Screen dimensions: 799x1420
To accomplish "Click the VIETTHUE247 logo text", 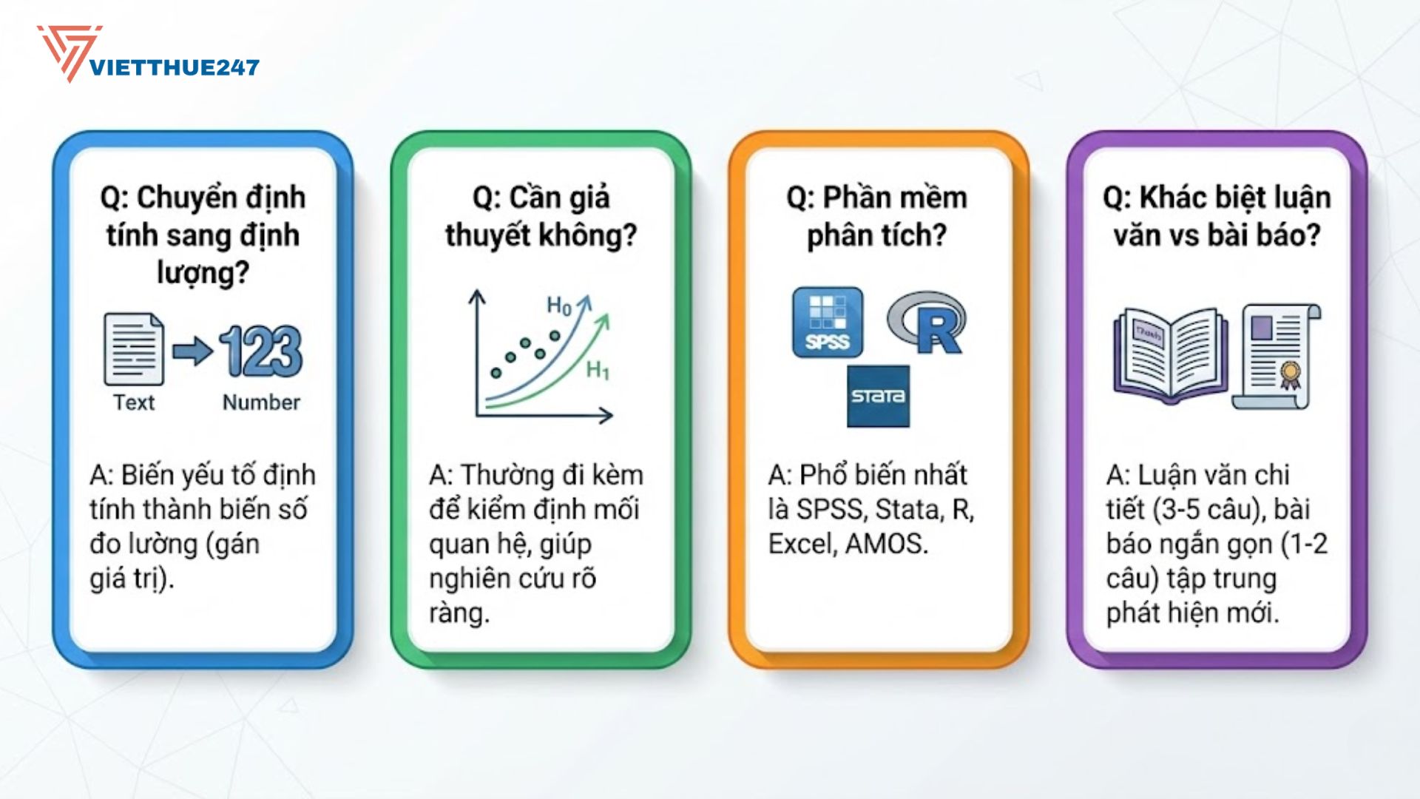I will pyautogui.click(x=175, y=67).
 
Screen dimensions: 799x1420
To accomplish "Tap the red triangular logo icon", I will pyautogui.click(x=68, y=52).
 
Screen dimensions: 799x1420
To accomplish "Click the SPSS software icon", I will pyautogui.click(x=828, y=323).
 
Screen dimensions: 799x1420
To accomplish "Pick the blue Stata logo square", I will pyautogui.click(x=878, y=396).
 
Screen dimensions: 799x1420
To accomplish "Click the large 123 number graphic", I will pyautogui.click(x=261, y=351).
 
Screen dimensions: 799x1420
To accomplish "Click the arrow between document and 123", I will pyautogui.click(x=192, y=350).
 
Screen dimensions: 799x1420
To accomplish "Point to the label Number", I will pyautogui.click(x=261, y=402).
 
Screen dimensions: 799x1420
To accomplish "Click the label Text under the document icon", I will pyautogui.click(x=134, y=402).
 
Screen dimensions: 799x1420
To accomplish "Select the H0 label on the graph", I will pyautogui.click(x=559, y=306).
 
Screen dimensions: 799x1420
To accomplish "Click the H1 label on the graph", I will pyautogui.click(x=598, y=369).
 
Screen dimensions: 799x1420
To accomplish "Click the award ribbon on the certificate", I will pyautogui.click(x=1290, y=374).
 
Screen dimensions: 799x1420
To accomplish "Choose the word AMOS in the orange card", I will pyautogui.click(x=886, y=544).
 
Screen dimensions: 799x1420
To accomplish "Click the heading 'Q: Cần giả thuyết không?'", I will pyautogui.click(x=541, y=216).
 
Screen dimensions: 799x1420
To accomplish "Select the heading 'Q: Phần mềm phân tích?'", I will pyautogui.click(x=877, y=216).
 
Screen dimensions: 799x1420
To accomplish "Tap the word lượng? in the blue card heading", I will pyautogui.click(x=203, y=273).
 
